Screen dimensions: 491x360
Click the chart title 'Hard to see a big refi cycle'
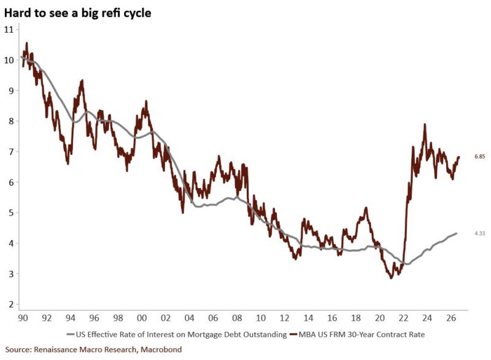(x=78, y=13)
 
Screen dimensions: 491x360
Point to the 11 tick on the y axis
(x=9, y=29)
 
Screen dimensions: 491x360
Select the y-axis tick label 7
(x=12, y=152)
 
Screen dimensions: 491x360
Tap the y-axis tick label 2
(x=12, y=305)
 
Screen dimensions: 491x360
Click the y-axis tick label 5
(x=12, y=213)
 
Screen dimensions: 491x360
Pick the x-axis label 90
(x=23, y=318)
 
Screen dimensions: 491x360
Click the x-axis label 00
(x=142, y=318)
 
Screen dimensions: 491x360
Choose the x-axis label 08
(x=237, y=318)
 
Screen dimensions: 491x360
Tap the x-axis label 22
(x=403, y=318)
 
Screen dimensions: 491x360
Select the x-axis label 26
(x=451, y=318)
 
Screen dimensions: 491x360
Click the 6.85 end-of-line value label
(x=480, y=157)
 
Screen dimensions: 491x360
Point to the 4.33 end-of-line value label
(x=480, y=233)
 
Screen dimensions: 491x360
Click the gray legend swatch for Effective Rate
(x=71, y=335)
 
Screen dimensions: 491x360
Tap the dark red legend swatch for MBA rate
(x=293, y=335)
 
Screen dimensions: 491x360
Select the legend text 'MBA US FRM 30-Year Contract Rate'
(x=361, y=335)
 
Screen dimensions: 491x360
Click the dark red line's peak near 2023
(x=425, y=124)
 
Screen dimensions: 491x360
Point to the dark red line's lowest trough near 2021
(x=391, y=278)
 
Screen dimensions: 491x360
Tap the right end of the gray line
(x=456, y=233)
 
